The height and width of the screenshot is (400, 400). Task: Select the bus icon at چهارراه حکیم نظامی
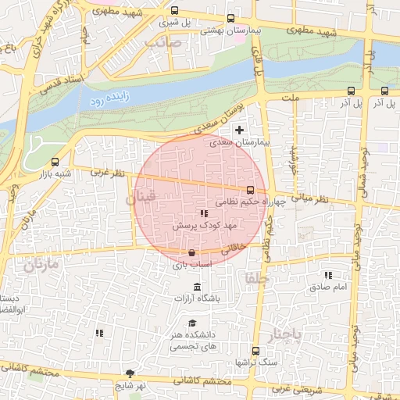[250, 190]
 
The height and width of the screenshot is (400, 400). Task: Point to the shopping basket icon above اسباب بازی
[192, 252]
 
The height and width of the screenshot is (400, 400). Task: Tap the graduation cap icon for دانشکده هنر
[192, 323]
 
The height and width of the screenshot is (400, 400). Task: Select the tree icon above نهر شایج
[129, 373]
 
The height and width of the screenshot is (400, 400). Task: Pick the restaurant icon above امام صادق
[328, 275]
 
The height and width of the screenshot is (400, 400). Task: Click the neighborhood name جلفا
[255, 278]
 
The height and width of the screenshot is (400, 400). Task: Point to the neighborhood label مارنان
[41, 265]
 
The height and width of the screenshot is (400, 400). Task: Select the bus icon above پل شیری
[173, 11]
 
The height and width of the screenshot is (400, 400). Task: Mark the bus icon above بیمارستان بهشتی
[230, 18]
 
